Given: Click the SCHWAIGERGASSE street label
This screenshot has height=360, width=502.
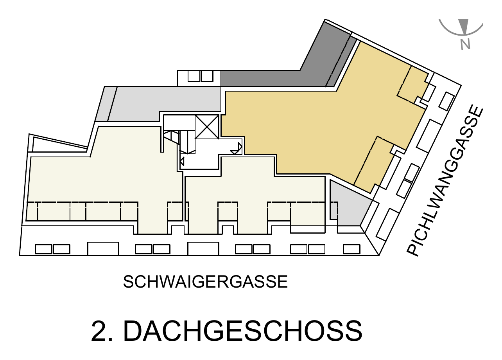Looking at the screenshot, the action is (x=205, y=282).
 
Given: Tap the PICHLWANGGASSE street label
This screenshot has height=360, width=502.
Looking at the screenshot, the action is (x=445, y=181).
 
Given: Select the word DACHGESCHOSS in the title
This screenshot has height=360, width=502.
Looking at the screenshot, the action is (x=243, y=331).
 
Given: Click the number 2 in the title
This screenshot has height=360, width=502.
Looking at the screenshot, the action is (x=99, y=331).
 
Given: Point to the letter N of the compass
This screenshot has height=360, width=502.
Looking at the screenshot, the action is (x=465, y=44).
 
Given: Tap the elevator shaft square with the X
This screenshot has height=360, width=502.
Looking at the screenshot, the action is (x=207, y=127).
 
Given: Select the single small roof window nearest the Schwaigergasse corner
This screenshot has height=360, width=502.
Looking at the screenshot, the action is (x=351, y=249).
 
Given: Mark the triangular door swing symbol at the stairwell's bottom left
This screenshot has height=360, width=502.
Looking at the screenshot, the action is (x=182, y=162).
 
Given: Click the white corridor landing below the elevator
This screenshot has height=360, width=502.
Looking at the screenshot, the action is (x=199, y=160).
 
